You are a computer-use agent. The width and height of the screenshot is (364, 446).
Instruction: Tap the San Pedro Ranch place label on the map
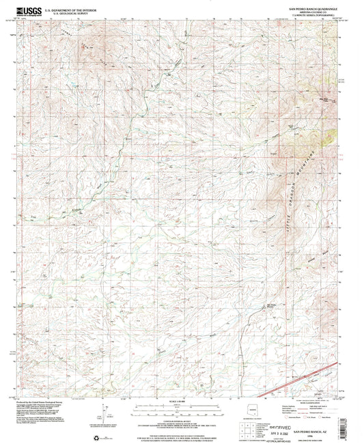[x=271, y=305]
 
